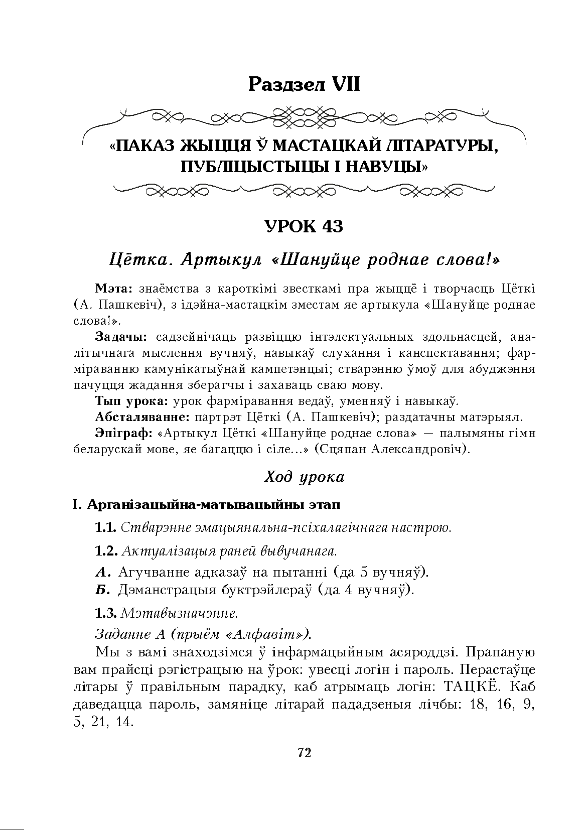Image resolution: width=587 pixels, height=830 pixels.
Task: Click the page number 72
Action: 304,753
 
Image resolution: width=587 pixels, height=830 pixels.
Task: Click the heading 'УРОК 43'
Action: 304,227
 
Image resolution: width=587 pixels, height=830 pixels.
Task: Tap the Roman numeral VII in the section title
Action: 344,84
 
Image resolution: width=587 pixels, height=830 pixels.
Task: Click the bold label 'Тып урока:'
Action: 132,401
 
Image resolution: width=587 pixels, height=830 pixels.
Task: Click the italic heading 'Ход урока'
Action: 304,477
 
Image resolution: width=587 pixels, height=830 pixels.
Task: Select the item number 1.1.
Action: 106,528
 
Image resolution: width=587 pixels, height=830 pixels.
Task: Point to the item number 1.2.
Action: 106,550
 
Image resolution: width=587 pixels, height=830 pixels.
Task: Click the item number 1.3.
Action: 106,613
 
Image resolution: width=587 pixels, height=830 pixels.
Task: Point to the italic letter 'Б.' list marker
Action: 102,590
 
